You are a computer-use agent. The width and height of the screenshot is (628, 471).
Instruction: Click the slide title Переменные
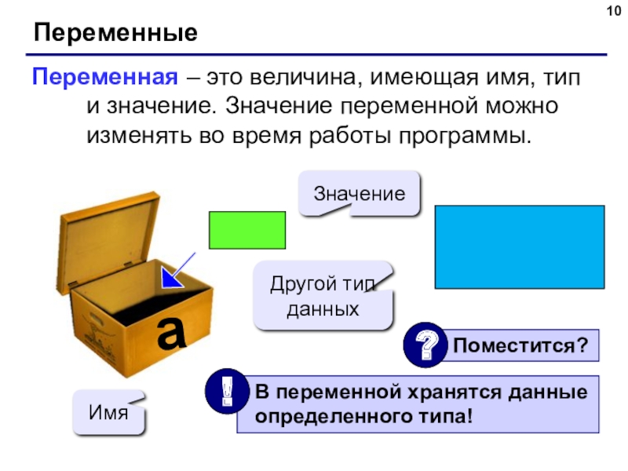tap(115, 33)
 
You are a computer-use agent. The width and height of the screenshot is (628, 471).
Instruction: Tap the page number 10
tap(614, 11)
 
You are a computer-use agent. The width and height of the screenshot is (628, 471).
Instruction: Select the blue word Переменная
tap(105, 77)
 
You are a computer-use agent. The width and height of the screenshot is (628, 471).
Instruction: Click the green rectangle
tap(247, 230)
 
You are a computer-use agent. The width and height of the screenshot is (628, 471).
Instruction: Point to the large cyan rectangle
tap(520, 247)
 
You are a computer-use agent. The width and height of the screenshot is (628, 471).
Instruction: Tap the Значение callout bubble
tap(360, 194)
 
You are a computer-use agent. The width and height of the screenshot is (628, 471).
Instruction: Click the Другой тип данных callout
tap(323, 296)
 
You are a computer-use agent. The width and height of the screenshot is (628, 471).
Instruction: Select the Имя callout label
tap(108, 412)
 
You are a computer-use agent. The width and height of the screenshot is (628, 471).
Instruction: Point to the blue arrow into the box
tap(178, 270)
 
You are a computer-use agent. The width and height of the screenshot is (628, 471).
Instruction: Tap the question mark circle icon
tap(425, 345)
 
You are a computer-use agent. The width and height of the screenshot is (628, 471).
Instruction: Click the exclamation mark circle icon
tap(227, 391)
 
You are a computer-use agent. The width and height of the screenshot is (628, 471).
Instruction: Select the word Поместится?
tap(520, 345)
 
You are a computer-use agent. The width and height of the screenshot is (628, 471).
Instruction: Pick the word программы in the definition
tap(465, 136)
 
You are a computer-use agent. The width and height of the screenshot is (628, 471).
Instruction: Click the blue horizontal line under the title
tap(316, 54)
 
